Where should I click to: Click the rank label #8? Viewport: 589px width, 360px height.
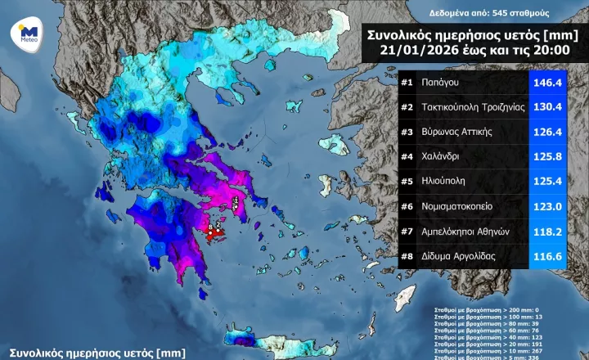point(407,258)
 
